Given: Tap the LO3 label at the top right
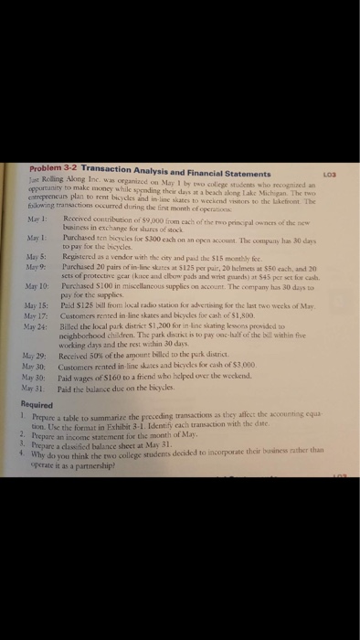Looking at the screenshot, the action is (x=342, y=173).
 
